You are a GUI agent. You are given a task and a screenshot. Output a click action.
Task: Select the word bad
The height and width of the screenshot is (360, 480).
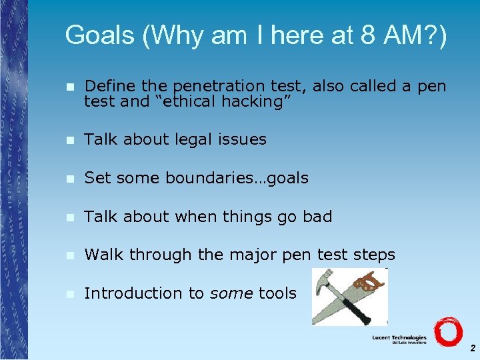(317, 217)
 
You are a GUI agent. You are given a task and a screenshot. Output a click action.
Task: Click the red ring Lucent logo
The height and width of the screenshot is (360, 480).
(447, 331)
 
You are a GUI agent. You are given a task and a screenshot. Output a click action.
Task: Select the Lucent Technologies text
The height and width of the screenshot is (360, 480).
(399, 338)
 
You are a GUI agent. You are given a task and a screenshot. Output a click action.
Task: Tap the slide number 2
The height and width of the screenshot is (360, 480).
(472, 348)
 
